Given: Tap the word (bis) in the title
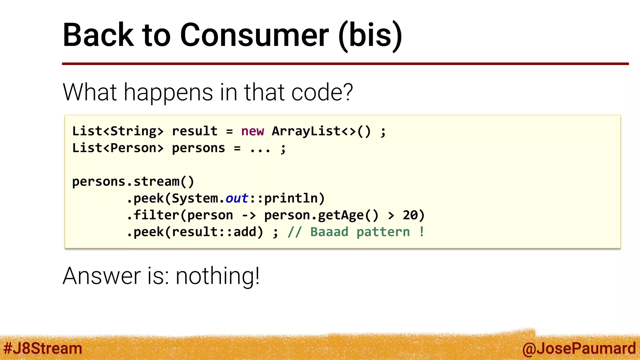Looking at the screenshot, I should click(370, 35).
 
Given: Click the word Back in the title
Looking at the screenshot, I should click(98, 35).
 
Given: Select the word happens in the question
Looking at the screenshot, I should click(168, 92).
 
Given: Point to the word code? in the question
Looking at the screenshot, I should click(322, 92).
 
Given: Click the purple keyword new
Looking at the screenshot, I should click(252, 131).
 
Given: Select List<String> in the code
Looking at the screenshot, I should click(118, 131).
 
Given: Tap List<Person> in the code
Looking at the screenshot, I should click(118, 148).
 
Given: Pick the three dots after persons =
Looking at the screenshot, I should click(260, 149).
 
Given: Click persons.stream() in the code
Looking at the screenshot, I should click(133, 182).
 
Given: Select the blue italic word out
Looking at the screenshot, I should click(237, 198).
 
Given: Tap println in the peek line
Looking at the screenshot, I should click(291, 198).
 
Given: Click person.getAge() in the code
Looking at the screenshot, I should click(322, 215).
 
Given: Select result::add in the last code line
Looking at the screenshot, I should click(214, 232).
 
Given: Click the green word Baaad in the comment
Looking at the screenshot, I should click(329, 232).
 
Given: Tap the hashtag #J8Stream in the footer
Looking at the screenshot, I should click(42, 348).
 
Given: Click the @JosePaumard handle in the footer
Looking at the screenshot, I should click(579, 348).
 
